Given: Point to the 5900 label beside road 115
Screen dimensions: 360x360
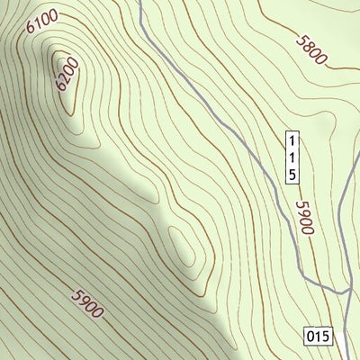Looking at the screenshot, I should click(303, 217).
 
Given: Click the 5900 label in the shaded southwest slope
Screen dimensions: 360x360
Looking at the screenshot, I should click(86, 304).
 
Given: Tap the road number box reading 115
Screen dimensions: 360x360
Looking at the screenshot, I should click(292, 157).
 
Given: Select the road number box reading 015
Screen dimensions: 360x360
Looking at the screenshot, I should click(318, 337).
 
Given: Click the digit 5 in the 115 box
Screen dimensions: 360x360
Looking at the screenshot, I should click(292, 174).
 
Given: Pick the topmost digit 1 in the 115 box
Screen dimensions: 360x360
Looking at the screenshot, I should click(292, 141).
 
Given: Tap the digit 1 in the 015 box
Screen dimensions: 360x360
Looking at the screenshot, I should click(318, 337).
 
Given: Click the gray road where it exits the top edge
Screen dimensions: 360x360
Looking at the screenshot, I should click(141, 3).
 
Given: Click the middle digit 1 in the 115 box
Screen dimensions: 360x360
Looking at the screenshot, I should click(292, 157).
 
